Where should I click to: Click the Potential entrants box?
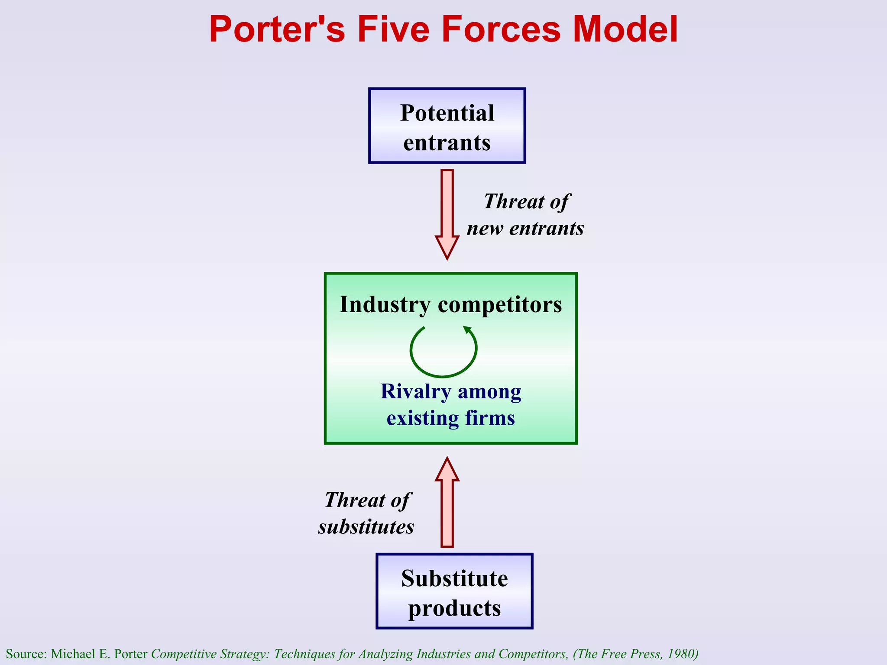tap(447, 126)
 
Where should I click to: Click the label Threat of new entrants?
tap(525, 215)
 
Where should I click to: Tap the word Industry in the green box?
tap(384, 304)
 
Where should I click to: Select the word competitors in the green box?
tap(500, 304)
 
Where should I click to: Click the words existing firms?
tap(450, 418)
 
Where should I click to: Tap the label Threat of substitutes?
tap(366, 513)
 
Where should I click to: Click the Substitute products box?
tap(454, 591)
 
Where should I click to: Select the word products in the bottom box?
tap(454, 608)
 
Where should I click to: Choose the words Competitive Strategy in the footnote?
tap(210, 653)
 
